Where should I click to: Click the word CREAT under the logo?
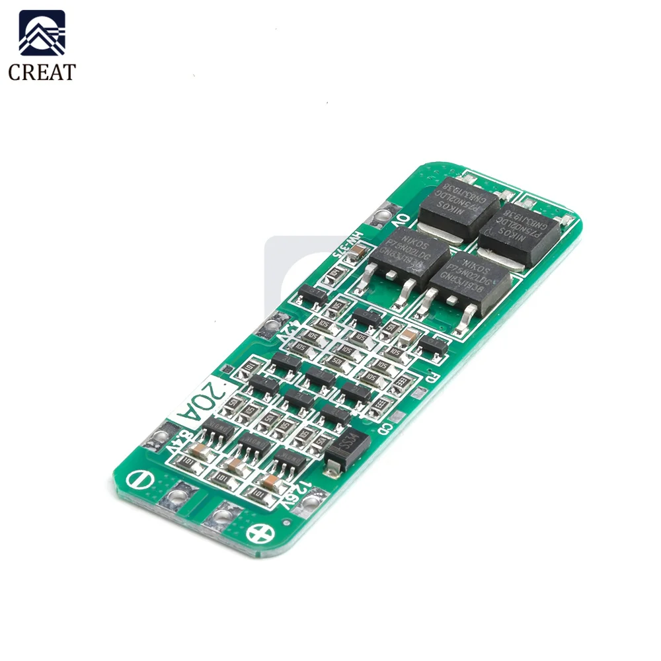click(x=42, y=71)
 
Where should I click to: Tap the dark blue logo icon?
click(x=42, y=33)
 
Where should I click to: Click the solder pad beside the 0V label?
click(x=383, y=216)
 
